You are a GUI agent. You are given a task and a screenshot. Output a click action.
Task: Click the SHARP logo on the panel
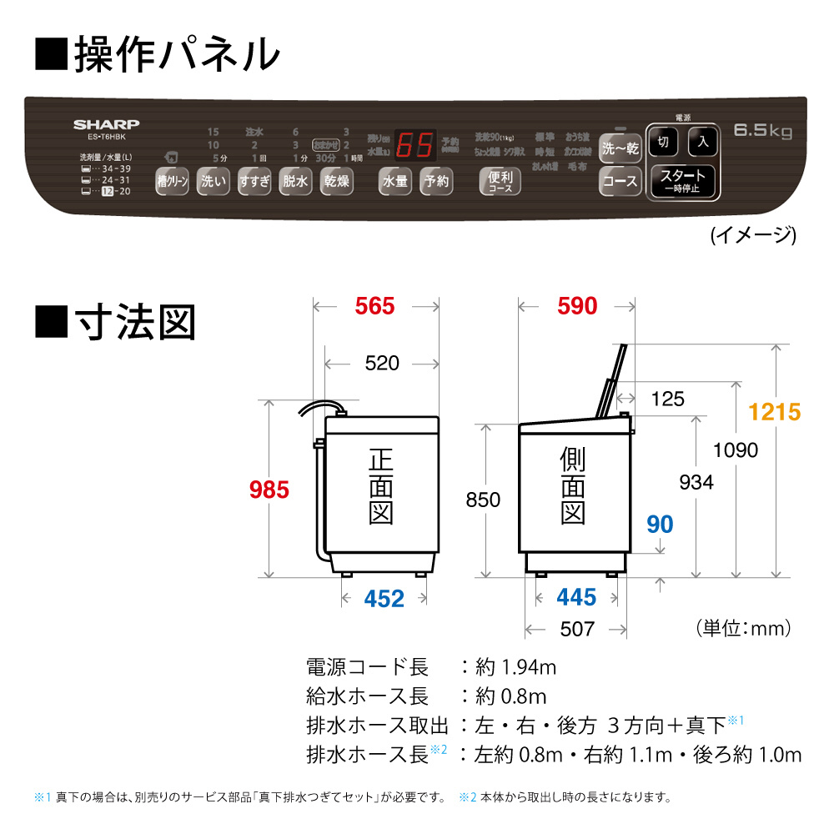105,123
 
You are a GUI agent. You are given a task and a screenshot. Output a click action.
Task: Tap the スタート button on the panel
682,180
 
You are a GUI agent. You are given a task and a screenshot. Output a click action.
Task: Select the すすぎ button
254,181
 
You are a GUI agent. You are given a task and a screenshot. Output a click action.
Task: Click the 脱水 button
295,181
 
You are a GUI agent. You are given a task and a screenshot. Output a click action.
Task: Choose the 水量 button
394,181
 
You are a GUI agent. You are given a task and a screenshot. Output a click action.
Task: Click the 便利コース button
500,181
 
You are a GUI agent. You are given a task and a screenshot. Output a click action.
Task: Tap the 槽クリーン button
173,181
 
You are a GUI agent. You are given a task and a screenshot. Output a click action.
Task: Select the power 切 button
663,142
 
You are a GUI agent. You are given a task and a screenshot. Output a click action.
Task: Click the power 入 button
702,142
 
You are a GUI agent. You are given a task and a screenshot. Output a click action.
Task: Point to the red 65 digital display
414,146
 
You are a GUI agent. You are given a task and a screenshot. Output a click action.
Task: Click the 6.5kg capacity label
762,131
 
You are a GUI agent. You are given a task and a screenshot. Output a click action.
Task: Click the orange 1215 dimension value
774,411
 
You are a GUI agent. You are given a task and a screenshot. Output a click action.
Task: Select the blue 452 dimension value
384,598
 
